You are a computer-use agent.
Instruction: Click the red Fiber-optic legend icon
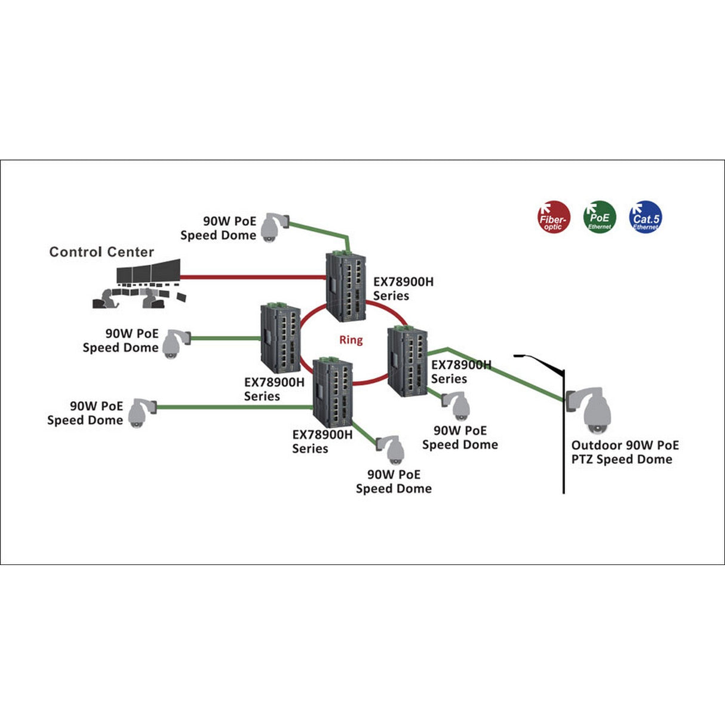pos(554,217)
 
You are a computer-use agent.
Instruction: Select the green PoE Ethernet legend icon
pos(599,217)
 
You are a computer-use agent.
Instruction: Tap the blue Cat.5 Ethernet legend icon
pos(645,217)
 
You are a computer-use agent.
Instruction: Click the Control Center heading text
pos(102,252)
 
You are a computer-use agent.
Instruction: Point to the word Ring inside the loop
pos(351,340)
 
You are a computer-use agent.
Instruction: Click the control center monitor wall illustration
pos(143,284)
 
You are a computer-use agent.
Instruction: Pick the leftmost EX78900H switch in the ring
pos(280,338)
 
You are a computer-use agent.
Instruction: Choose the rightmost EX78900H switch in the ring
pos(407,361)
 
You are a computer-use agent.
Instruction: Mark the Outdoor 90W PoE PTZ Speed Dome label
pos(624,452)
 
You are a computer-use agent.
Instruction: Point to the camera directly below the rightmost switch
pos(457,406)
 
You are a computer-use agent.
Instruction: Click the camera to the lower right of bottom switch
pos(392,450)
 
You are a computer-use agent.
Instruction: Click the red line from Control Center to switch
pos(251,277)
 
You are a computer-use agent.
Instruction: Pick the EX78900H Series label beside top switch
pos(403,288)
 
